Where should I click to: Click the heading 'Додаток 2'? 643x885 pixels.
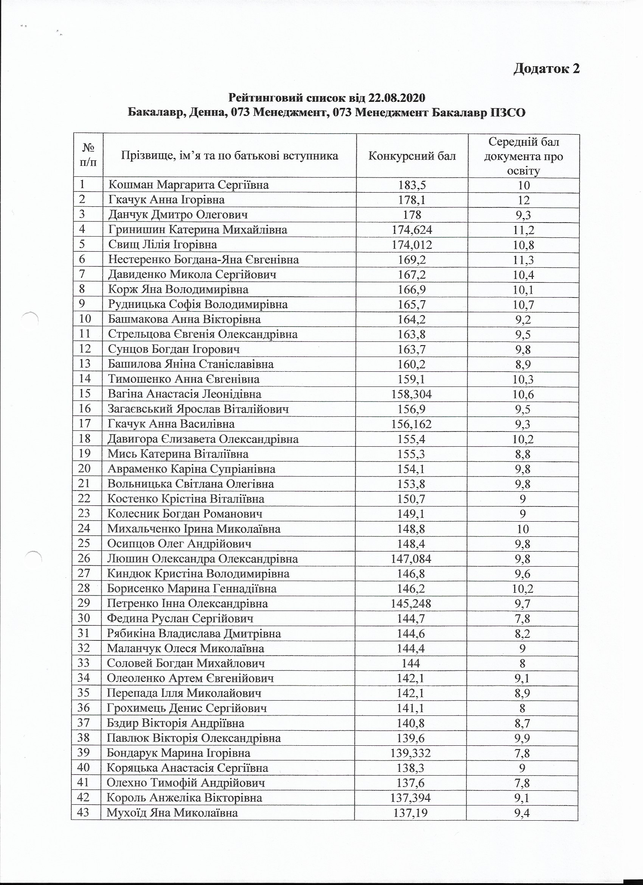pyautogui.click(x=546, y=68)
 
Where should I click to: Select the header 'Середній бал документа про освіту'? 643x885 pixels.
pyautogui.click(x=523, y=156)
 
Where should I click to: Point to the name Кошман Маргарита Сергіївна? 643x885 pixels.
pyautogui.click(x=188, y=185)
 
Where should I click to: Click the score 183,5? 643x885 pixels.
pyautogui.click(x=412, y=185)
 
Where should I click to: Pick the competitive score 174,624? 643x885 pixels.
pyautogui.click(x=412, y=229)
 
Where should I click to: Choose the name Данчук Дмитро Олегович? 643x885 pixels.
pyautogui.click(x=178, y=215)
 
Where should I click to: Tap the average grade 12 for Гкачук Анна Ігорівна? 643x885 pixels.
pyautogui.click(x=523, y=200)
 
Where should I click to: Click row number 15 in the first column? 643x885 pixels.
pyautogui.click(x=85, y=394)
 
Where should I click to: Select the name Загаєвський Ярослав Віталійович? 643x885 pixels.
pyautogui.click(x=199, y=409)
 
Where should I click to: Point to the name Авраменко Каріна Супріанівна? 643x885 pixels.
pyautogui.click(x=191, y=469)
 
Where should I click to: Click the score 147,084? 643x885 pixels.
pyautogui.click(x=411, y=559)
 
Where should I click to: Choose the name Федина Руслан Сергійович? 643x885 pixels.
pyautogui.click(x=180, y=619)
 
